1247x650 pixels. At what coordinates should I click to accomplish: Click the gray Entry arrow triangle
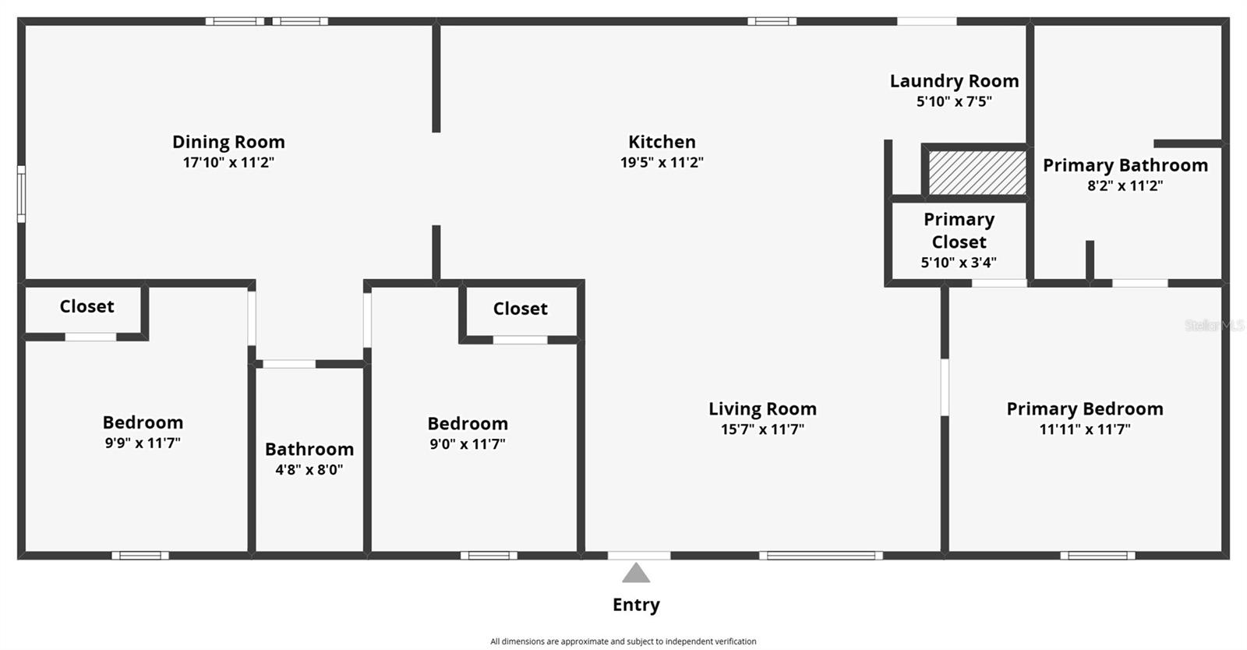(x=636, y=574)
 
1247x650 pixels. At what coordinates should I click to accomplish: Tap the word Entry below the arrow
(x=636, y=605)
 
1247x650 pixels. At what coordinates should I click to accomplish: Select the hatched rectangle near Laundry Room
(x=977, y=172)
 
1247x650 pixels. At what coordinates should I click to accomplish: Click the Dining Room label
(x=228, y=142)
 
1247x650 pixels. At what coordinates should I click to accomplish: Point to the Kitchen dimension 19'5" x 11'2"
(x=662, y=162)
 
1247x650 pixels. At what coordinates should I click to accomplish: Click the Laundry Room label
(x=954, y=81)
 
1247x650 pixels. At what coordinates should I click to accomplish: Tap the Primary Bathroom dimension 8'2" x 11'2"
(x=1125, y=185)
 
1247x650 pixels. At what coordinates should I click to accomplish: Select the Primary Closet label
(x=959, y=231)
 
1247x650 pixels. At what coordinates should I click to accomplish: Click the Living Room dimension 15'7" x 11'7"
(x=762, y=429)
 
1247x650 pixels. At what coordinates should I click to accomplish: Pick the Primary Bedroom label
(x=1084, y=409)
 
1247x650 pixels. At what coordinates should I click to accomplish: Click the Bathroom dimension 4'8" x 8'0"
(x=309, y=469)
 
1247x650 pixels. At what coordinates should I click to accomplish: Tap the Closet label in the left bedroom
(x=87, y=306)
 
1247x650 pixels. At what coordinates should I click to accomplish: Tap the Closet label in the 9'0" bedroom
(x=520, y=309)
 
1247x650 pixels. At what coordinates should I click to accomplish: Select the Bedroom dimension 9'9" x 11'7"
(x=143, y=443)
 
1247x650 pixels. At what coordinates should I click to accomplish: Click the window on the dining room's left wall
(x=22, y=194)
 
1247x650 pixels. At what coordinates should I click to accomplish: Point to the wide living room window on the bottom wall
(x=821, y=556)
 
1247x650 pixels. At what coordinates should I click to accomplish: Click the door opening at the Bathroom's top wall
(x=289, y=364)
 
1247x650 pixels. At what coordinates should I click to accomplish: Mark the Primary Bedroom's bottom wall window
(x=1097, y=556)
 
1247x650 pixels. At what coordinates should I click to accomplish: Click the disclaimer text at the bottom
(x=623, y=641)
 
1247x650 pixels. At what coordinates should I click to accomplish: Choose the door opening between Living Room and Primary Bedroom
(x=945, y=387)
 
